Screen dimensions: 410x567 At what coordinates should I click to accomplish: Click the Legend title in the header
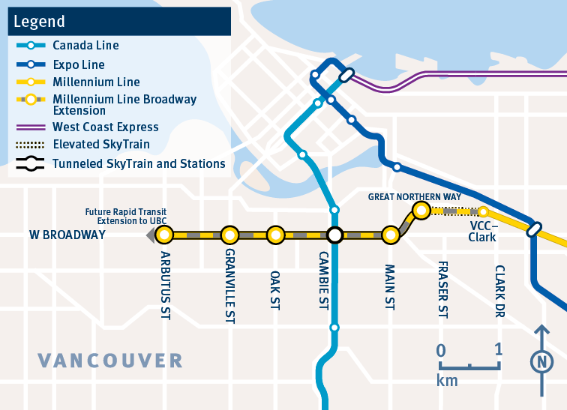pyautogui.click(x=38, y=22)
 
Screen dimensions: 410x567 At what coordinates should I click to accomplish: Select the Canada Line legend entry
pyautogui.click(x=85, y=46)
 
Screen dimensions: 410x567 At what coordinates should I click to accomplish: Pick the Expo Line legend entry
pyautogui.click(x=79, y=65)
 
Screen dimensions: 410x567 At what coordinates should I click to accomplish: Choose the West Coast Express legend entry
pyautogui.click(x=106, y=127)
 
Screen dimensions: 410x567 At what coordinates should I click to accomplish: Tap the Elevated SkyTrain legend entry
pyautogui.click(x=101, y=145)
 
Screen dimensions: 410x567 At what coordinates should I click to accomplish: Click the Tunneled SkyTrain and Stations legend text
pyautogui.click(x=139, y=163)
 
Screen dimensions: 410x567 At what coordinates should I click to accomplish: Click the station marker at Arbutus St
pyautogui.click(x=165, y=235)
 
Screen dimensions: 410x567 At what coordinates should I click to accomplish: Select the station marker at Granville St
pyautogui.click(x=229, y=235)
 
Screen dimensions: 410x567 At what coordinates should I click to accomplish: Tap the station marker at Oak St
pyautogui.click(x=276, y=235)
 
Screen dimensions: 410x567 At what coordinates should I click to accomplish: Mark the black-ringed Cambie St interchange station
pyautogui.click(x=335, y=235)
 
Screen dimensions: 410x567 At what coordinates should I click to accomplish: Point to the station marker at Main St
pyautogui.click(x=390, y=235)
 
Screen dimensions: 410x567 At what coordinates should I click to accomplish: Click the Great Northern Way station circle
pyautogui.click(x=421, y=211)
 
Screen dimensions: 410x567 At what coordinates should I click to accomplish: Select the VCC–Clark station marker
pyautogui.click(x=484, y=211)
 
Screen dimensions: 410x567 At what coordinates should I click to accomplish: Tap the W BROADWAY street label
pyautogui.click(x=67, y=235)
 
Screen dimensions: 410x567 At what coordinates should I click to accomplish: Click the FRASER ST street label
pyautogui.click(x=442, y=289)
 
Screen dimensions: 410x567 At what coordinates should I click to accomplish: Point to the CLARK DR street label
pyautogui.click(x=499, y=292)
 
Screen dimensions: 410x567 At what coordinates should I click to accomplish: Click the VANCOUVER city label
pyautogui.click(x=110, y=361)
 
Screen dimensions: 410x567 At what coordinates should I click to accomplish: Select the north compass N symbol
pyautogui.click(x=540, y=362)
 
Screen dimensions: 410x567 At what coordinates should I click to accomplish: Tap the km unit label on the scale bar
pyautogui.click(x=447, y=381)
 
